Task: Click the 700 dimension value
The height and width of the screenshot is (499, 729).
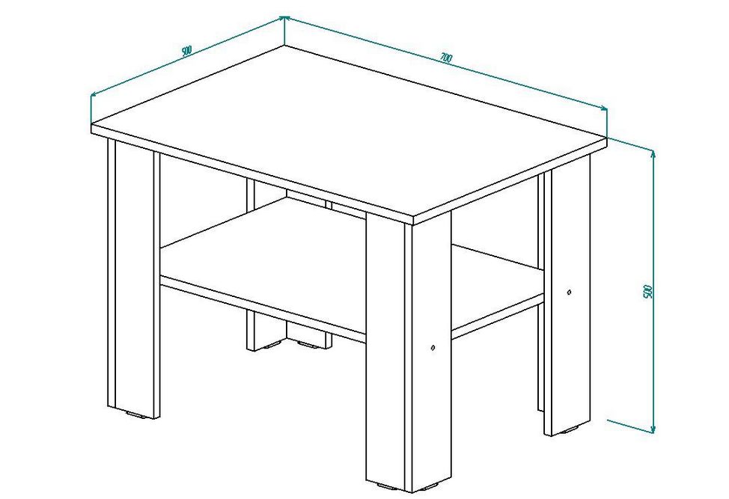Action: pyautogui.click(x=445, y=58)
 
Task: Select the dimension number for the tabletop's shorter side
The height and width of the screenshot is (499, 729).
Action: pyautogui.click(x=186, y=50)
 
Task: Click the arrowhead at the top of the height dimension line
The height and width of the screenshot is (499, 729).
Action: pyautogui.click(x=653, y=154)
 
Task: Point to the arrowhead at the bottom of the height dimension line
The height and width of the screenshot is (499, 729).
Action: pyautogui.click(x=653, y=429)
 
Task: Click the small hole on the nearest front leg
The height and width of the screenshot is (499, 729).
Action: pyautogui.click(x=433, y=347)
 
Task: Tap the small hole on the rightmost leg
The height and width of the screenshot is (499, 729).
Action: pyautogui.click(x=570, y=293)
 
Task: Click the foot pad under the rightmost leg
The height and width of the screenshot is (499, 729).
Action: pyautogui.click(x=570, y=431)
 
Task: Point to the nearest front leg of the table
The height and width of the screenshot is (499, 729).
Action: pyautogui.click(x=408, y=353)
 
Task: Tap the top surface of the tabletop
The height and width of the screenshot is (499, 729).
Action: pyautogui.click(x=349, y=130)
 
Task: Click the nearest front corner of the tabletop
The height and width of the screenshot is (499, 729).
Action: pyautogui.click(x=413, y=218)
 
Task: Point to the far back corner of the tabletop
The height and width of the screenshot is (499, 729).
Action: pyautogui.click(x=284, y=45)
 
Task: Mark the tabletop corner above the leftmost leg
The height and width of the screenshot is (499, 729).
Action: pyautogui.click(x=91, y=125)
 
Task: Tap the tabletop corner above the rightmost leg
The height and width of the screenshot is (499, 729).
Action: pyautogui.click(x=608, y=138)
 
